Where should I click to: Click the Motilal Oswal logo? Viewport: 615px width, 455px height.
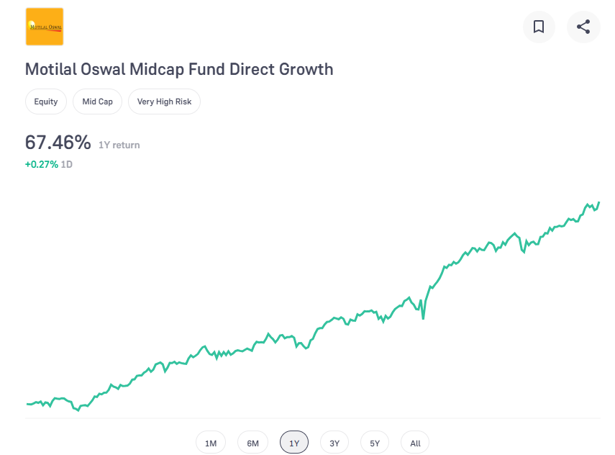click(x=45, y=27)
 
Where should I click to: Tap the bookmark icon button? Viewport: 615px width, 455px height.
click(x=539, y=27)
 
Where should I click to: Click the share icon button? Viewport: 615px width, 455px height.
click(x=583, y=27)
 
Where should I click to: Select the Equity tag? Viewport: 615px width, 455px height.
click(x=46, y=102)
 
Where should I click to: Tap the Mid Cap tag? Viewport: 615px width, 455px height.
click(x=97, y=102)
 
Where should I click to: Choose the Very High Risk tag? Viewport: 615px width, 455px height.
click(x=164, y=102)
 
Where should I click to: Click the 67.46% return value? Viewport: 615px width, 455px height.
click(x=58, y=143)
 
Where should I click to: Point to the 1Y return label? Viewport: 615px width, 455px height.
click(x=119, y=145)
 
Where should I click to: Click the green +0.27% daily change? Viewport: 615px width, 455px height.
click(x=41, y=164)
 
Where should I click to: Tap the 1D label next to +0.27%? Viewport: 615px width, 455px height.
click(x=66, y=164)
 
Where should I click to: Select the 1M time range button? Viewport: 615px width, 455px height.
click(x=211, y=443)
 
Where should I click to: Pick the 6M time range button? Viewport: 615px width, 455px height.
click(x=252, y=443)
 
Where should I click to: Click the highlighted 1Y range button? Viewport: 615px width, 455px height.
click(x=294, y=443)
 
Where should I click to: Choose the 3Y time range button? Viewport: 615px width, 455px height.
click(x=334, y=443)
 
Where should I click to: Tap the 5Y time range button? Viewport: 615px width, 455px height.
click(x=375, y=443)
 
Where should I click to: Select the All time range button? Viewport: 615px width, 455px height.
click(x=415, y=443)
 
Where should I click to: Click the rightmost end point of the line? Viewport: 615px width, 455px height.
click(x=598, y=203)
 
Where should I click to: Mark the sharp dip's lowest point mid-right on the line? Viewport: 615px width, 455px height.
click(x=423, y=317)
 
